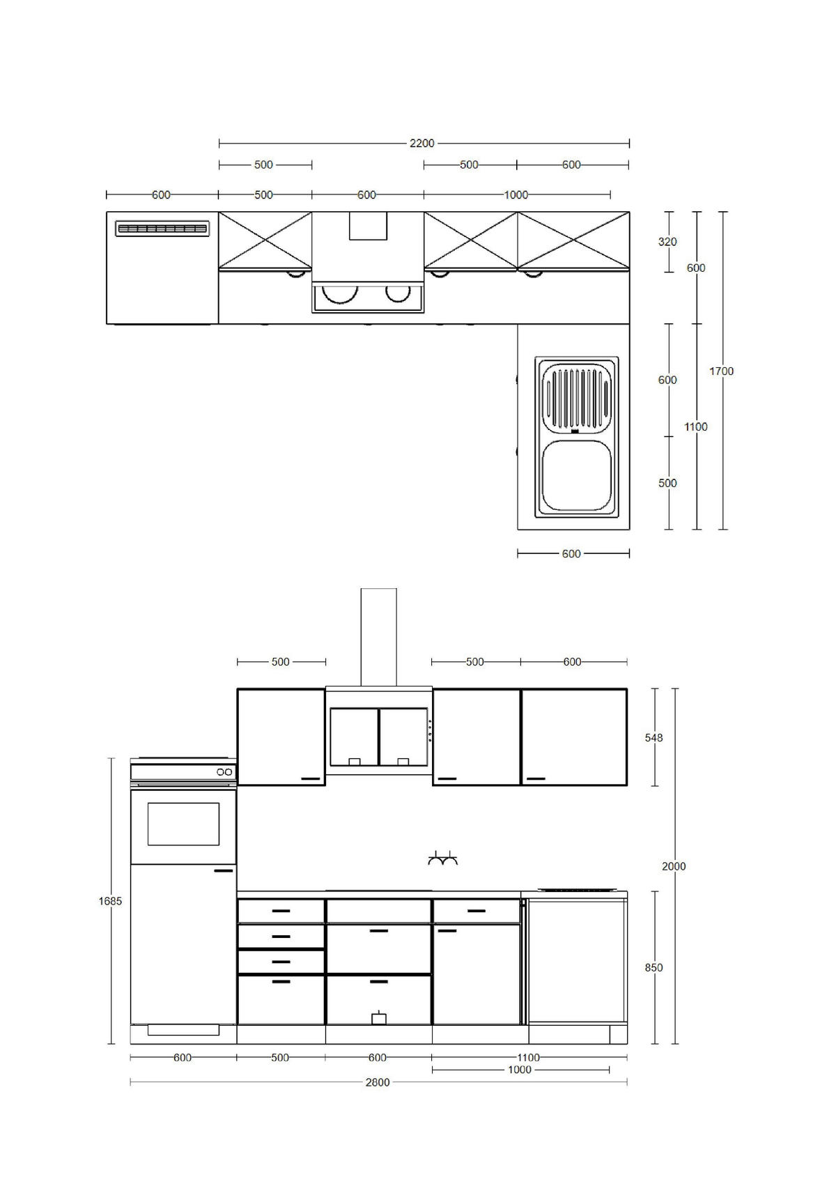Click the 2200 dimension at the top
click(421, 144)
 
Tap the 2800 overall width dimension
click(378, 1082)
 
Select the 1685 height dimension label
click(110, 901)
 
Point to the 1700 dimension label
click(721, 371)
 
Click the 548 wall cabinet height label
click(653, 737)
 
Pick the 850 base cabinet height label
click(653, 967)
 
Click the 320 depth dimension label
click(667, 242)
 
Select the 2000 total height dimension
click(674, 866)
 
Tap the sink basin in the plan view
click(576, 476)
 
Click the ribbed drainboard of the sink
click(576, 398)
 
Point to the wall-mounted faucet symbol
click(443, 859)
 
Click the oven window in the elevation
click(183, 824)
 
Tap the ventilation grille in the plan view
click(162, 229)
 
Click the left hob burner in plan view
click(341, 293)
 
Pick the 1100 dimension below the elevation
click(529, 1058)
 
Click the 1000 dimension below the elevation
click(520, 1070)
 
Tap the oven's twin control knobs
click(224, 772)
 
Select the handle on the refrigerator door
click(224, 871)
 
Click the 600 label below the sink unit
click(571, 554)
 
